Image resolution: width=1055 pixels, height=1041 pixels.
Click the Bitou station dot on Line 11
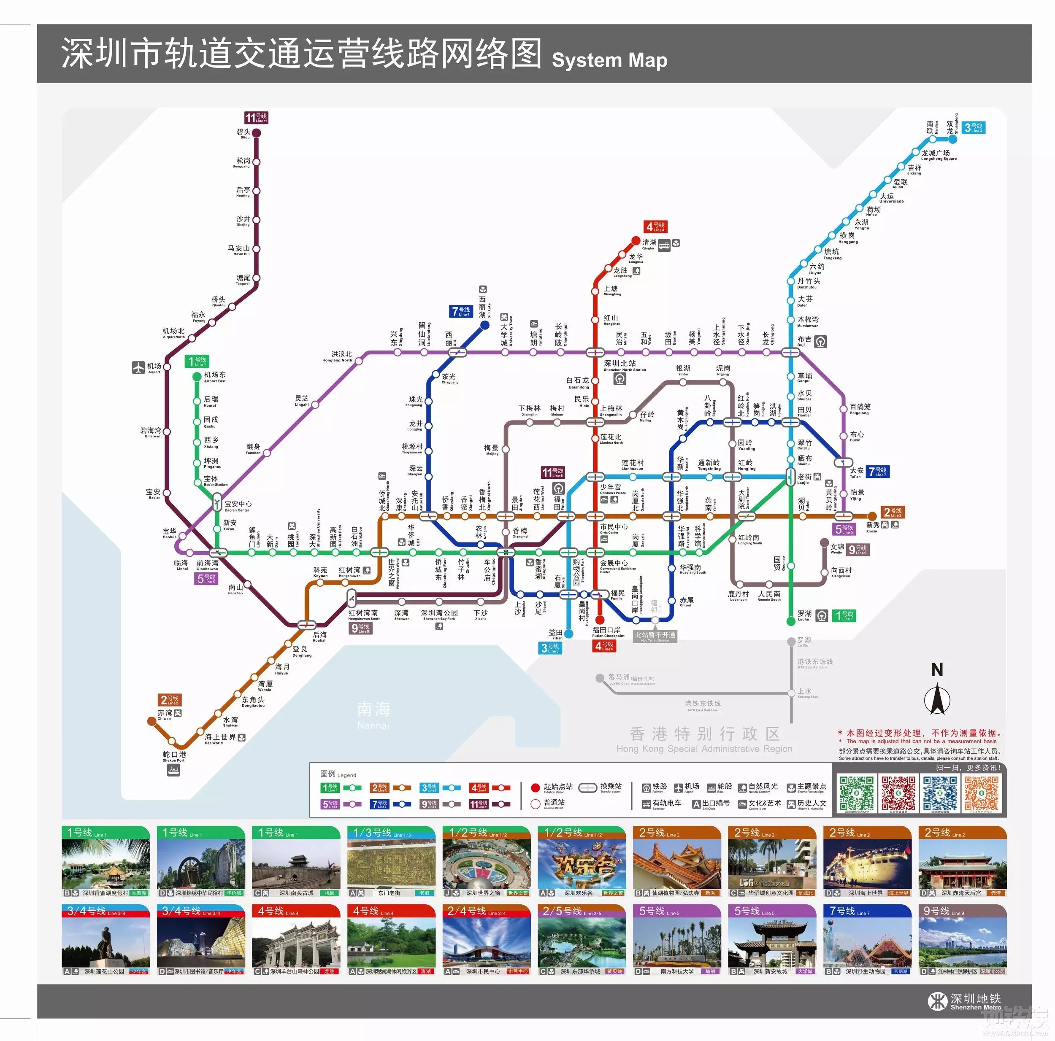point(256,132)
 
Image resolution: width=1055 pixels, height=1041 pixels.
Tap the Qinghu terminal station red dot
point(636,241)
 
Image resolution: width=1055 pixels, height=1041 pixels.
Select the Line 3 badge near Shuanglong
point(973,128)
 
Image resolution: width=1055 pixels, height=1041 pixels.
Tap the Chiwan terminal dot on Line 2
point(152,721)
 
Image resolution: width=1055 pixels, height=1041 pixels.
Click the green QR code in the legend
point(856,793)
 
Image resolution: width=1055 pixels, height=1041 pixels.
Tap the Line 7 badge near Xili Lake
point(461,311)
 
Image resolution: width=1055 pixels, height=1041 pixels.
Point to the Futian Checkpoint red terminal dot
point(600,620)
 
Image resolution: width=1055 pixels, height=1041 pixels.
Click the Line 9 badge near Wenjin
point(858,550)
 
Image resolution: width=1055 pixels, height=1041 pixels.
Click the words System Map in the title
point(609,60)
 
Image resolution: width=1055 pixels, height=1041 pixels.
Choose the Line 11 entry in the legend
point(489,804)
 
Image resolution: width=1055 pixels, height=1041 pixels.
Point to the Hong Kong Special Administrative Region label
point(704,740)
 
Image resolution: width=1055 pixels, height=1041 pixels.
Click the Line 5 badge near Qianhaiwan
point(206,578)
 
